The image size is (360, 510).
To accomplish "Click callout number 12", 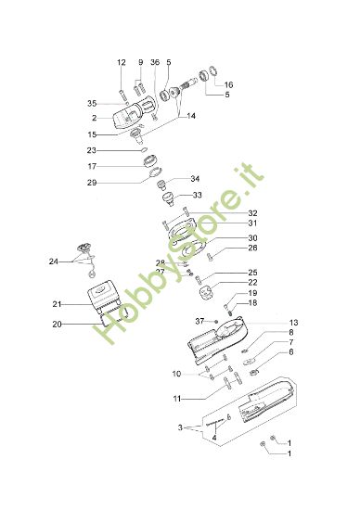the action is point(121,62).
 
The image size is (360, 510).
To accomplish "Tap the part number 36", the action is point(155,62).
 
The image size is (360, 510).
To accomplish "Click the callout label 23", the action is point(118,150).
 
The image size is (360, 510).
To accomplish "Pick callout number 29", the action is point(118,183).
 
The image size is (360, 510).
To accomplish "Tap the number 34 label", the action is point(195,179).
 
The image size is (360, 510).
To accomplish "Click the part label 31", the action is point(226,223).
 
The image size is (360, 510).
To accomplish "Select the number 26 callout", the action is point(226,248).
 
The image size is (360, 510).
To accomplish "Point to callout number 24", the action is point(54,262).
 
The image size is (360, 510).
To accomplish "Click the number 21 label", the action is point(57,304).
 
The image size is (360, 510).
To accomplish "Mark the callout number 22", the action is point(226,282).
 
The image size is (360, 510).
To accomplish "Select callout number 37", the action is point(199,320).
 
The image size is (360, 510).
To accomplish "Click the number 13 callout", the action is point(267,323).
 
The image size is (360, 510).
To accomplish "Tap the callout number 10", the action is point(176,374).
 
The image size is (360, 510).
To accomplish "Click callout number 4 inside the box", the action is point(214,436).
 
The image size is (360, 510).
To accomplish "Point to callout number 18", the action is point(226,303).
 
